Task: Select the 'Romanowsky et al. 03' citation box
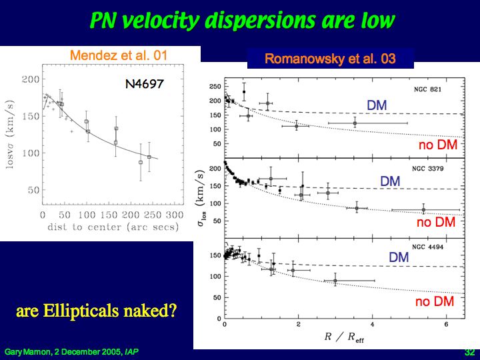330,59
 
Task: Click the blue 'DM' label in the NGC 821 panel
377,105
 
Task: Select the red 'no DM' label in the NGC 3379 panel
435,223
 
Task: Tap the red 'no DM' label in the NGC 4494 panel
434,302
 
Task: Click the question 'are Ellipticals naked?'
96,311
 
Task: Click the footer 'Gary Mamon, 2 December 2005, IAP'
72,351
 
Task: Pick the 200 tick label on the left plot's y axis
31,80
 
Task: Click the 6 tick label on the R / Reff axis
446,324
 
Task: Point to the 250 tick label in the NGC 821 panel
215,87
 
